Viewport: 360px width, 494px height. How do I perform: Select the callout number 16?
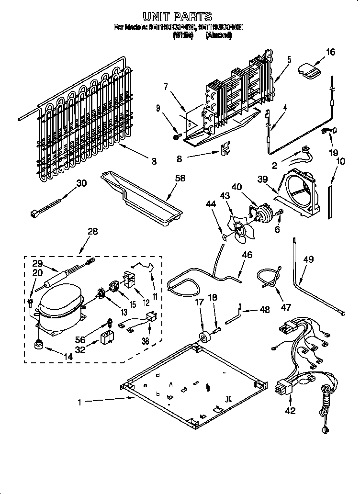coord(331,52)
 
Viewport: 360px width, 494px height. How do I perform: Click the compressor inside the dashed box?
coord(58,307)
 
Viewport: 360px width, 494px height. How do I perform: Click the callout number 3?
coord(154,162)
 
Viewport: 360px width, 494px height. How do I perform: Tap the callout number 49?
coord(309,260)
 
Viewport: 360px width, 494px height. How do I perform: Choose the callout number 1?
coord(80,403)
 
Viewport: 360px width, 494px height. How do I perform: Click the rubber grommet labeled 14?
coord(38,344)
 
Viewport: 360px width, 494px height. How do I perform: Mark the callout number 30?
coord(82,182)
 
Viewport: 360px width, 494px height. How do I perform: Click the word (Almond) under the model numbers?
coord(218,35)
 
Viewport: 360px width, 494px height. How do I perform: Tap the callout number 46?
coord(247,255)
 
